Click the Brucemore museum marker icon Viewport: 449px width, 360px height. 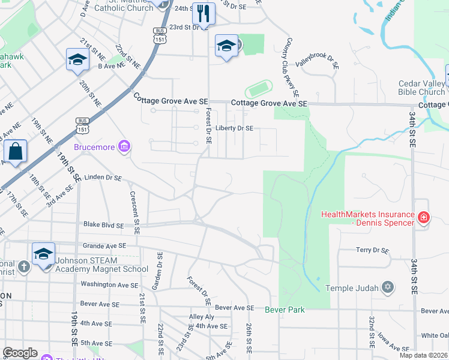[x=124, y=146]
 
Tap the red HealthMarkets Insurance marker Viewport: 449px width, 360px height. [x=423, y=217]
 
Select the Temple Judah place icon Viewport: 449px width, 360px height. [x=388, y=288]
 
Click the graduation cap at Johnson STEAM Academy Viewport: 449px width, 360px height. [x=43, y=254]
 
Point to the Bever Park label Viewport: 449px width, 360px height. [x=285, y=310]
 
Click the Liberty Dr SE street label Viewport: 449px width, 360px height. [x=235, y=128]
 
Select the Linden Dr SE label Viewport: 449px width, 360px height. [x=103, y=178]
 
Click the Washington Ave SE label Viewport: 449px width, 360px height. [x=106, y=284]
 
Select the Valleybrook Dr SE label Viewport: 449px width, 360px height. [x=318, y=61]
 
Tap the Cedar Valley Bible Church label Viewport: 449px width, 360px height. [x=421, y=88]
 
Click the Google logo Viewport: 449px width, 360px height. [x=20, y=353]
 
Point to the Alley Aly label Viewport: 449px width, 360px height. [x=201, y=317]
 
